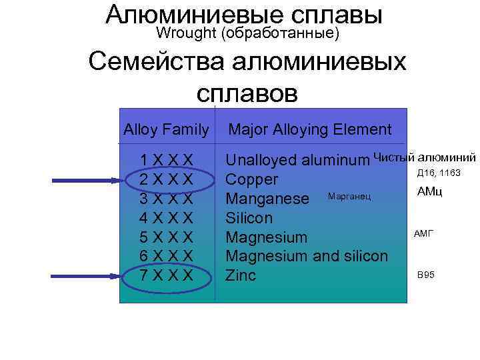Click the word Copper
click(x=252, y=180)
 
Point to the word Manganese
click(x=267, y=199)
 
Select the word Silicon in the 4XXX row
click(x=249, y=218)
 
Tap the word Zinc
click(x=241, y=275)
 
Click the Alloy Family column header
click(x=166, y=129)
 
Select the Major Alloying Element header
click(x=310, y=129)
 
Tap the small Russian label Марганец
click(x=348, y=197)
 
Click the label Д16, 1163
click(x=438, y=173)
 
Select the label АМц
click(x=429, y=192)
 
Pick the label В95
click(x=425, y=275)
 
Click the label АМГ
click(x=423, y=233)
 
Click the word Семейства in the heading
click(x=156, y=63)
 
